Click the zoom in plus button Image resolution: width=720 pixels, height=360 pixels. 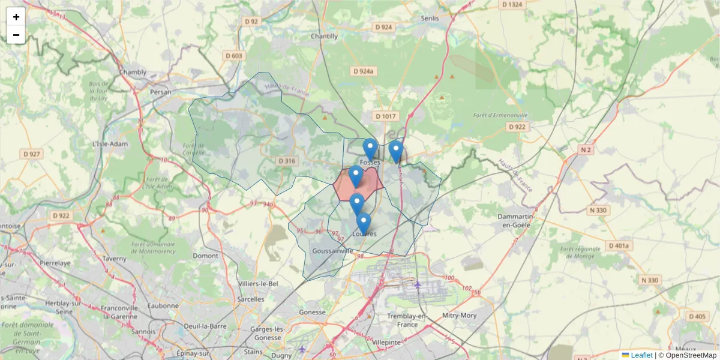(x=16, y=17)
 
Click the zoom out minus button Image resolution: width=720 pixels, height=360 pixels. (x=16, y=35)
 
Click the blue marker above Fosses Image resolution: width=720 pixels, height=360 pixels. (x=370, y=148)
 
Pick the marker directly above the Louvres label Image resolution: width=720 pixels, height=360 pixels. (x=363, y=223)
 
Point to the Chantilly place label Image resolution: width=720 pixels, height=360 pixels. (x=324, y=36)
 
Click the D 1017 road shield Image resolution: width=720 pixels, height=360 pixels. (x=386, y=116)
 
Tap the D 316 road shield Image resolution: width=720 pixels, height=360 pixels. (x=287, y=161)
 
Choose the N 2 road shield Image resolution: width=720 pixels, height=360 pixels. (x=586, y=149)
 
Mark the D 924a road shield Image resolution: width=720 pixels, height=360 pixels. (x=364, y=71)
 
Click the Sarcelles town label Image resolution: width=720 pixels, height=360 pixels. (x=251, y=299)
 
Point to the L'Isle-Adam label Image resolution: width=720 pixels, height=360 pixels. (x=107, y=144)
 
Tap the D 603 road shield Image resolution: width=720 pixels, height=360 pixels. (x=233, y=56)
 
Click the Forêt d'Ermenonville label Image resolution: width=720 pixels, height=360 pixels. (x=500, y=115)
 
